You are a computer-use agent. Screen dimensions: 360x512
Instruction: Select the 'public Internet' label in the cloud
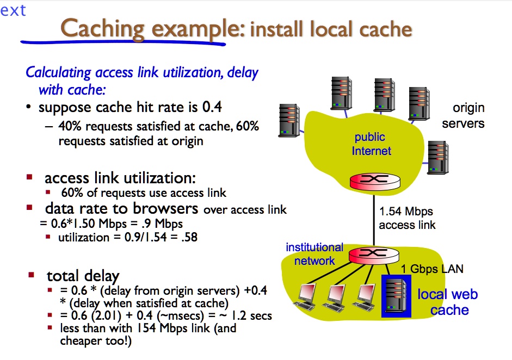click(371, 144)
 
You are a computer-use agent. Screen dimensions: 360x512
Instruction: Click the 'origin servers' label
click(463, 116)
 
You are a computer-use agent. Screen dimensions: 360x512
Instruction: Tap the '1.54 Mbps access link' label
click(406, 218)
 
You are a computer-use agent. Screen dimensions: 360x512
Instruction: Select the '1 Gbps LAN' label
click(432, 269)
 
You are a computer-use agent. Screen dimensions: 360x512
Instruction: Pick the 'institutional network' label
click(314, 253)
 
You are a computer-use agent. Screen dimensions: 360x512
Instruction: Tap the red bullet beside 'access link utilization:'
click(30, 178)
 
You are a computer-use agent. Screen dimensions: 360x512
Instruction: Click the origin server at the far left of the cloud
click(289, 120)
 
